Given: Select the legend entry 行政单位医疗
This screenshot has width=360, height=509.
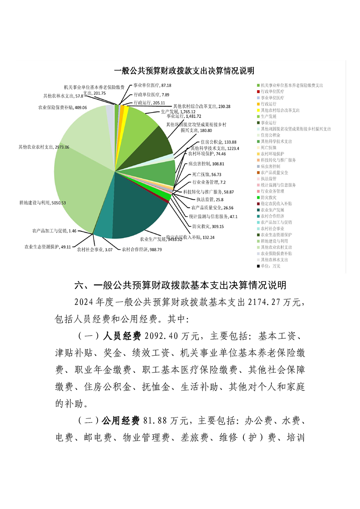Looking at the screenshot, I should click(272, 91).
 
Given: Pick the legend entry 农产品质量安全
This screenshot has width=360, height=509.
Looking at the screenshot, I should click(276, 172).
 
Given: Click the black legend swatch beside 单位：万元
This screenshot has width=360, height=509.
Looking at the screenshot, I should click(258, 266).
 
